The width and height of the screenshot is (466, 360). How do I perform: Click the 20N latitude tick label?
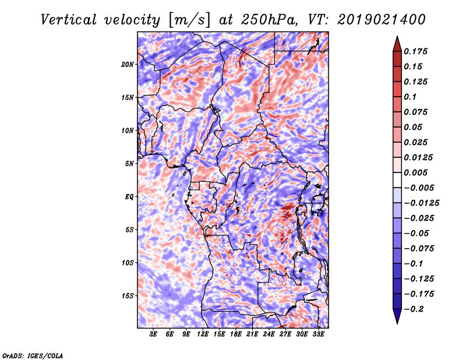pos(128,65)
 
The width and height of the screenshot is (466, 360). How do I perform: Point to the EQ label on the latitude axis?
pos(129,197)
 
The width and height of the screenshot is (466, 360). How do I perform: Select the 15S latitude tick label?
pos(128,296)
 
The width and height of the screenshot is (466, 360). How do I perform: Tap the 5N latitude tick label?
pos(129,164)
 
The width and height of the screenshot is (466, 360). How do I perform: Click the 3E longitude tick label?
pos(153,334)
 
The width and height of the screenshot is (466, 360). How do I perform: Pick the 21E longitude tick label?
pos(252,334)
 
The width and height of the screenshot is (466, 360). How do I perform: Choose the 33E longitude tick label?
pos(318,334)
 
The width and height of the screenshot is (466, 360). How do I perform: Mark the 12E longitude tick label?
pos(203,334)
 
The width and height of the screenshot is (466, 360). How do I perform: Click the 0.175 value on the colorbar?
pos(415,51)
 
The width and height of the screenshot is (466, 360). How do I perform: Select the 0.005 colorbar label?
pos(415,172)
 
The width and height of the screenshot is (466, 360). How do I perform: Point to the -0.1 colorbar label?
pos(413,264)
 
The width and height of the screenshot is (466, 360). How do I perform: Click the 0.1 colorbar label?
pos(410,97)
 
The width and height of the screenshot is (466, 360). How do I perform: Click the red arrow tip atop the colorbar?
pos(397,37)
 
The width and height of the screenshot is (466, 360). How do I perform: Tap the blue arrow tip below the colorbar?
pos(397,323)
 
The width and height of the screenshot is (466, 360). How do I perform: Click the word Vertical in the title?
pos(69,20)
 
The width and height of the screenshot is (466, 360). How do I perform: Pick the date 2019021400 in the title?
pos(382,20)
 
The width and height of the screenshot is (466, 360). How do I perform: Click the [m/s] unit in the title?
pos(189,20)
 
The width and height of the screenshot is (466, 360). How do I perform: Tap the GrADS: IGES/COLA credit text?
pos(33,355)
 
